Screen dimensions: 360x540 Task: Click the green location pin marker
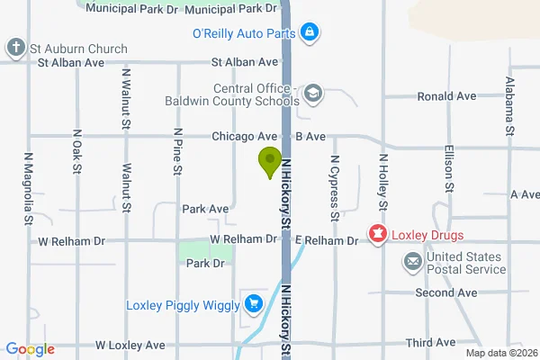[x=268, y=161]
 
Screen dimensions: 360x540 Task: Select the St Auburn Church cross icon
[x=15, y=47]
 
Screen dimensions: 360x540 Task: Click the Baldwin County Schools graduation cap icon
[x=312, y=92]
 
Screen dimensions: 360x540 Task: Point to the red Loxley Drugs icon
[x=377, y=236]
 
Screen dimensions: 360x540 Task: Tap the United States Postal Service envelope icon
[x=413, y=262]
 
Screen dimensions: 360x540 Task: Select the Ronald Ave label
[x=445, y=96]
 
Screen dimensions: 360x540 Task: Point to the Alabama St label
[x=510, y=106]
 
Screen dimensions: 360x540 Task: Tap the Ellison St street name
[x=447, y=169]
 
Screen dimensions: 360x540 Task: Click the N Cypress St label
[x=334, y=187]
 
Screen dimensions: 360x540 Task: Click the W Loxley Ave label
[x=130, y=345]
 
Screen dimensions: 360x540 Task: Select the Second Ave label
[x=445, y=292]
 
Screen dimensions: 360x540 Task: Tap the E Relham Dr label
[x=327, y=240]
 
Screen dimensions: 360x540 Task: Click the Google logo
[x=30, y=349]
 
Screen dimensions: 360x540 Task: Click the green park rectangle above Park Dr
[x=204, y=251]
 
